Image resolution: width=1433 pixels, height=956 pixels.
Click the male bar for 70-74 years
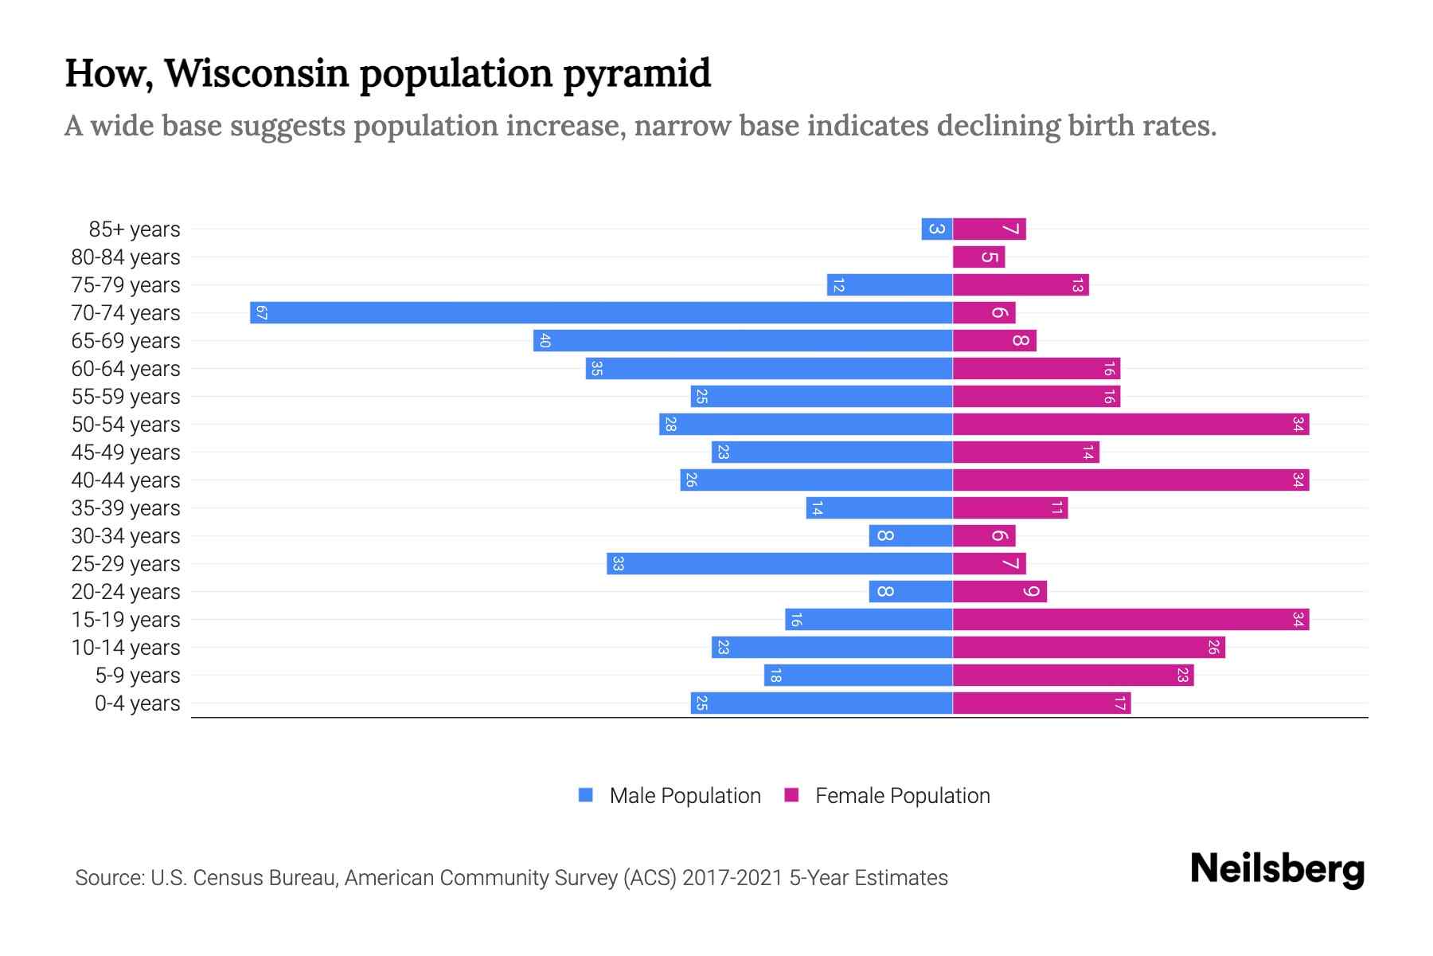[x=601, y=313]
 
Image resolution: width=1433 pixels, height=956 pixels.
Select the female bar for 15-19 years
[x=1130, y=620]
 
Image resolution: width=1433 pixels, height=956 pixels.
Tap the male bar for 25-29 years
[x=779, y=564]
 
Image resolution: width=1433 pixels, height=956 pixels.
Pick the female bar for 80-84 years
[x=978, y=257]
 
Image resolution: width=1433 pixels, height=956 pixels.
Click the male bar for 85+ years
[x=937, y=229]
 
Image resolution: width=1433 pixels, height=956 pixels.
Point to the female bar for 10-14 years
[x=1088, y=648]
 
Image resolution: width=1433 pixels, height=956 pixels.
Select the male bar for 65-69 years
[x=743, y=341]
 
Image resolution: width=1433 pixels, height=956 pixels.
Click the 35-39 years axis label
[x=126, y=508]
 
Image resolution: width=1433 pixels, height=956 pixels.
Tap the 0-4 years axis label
[x=137, y=703]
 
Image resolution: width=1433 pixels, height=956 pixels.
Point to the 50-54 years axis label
[x=126, y=425]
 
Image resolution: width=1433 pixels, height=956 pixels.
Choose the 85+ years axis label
[x=135, y=229]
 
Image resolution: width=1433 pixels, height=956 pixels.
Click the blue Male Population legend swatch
[x=586, y=795]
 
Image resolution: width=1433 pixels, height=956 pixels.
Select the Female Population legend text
[x=902, y=796]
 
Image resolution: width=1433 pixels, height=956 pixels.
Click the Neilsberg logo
[x=1277, y=869]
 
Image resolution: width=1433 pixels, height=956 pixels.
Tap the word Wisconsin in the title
[x=257, y=73]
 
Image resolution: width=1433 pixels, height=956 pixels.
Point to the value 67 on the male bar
[x=261, y=313]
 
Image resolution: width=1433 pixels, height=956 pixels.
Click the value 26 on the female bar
[x=1213, y=648]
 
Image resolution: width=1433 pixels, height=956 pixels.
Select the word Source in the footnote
[x=108, y=878]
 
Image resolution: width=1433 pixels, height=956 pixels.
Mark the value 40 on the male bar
[x=545, y=341]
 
